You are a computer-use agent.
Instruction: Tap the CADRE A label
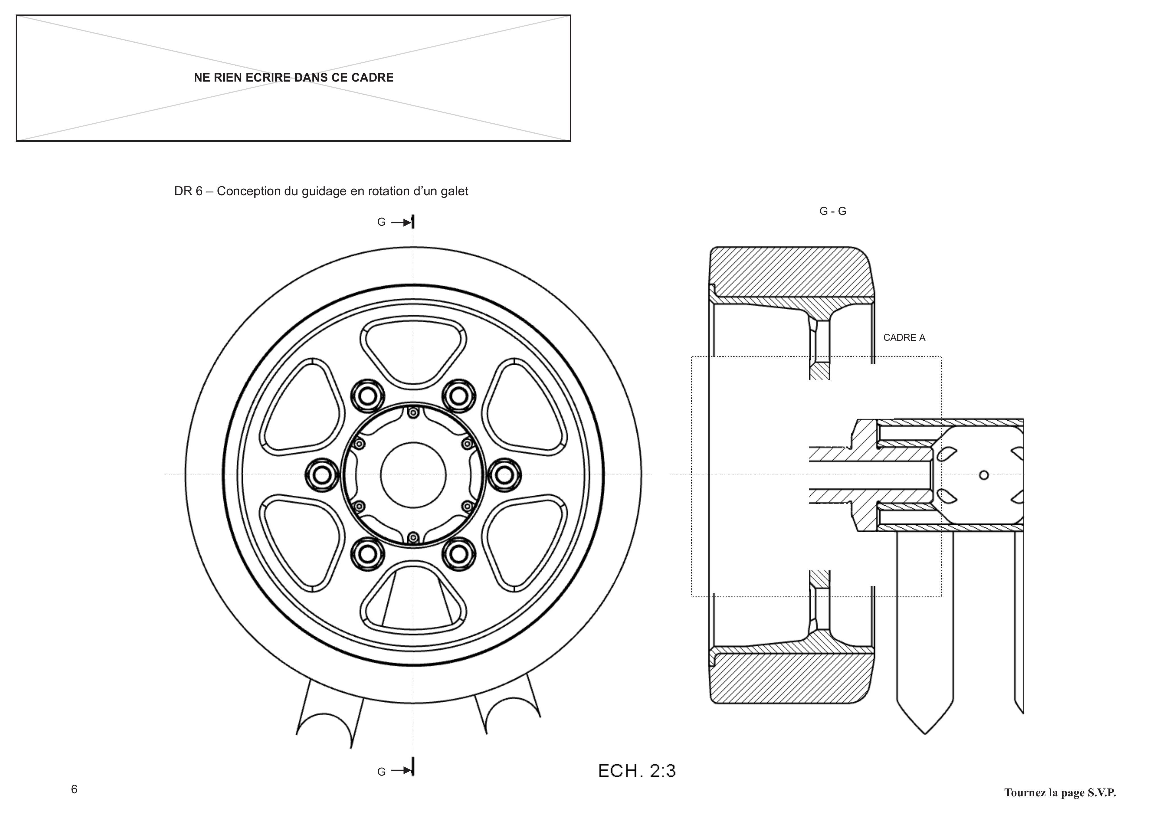[x=904, y=338]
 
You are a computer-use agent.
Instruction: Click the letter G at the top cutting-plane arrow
[x=381, y=222]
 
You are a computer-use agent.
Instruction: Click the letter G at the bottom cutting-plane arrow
[x=381, y=772]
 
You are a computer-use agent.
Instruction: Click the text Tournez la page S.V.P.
[x=1060, y=793]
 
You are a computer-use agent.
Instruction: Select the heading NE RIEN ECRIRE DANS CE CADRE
[x=294, y=78]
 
